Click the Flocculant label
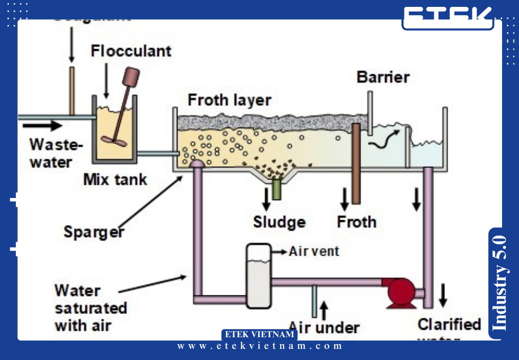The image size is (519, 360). pos(131,51)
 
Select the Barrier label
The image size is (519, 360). pos(383,77)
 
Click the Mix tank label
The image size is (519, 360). pos(115,179)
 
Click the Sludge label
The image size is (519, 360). pos(279,222)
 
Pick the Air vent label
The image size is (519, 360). pos(314,251)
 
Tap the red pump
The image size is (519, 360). pos(401,291)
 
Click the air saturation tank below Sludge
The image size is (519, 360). pos(258,275)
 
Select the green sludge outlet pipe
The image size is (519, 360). pos(276,189)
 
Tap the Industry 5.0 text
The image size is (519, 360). pos(499,283)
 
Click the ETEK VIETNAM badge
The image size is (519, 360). pos(259,335)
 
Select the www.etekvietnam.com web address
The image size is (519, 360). pos(259,346)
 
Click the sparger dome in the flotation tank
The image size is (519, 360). pos(197,164)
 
